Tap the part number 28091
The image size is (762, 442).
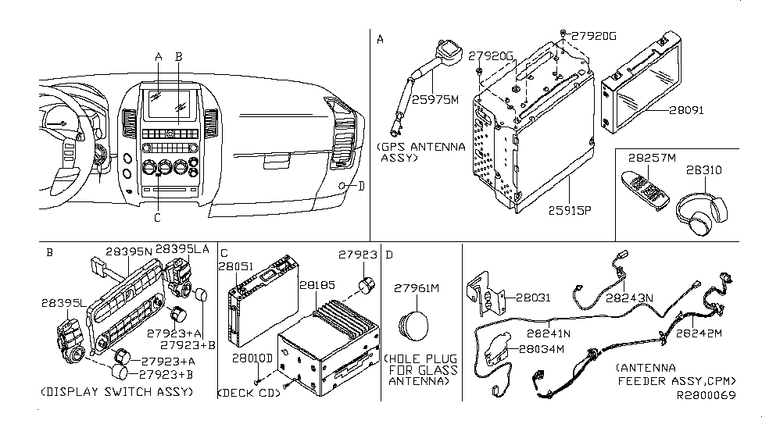click(x=686, y=110)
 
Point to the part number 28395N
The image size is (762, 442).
click(x=128, y=253)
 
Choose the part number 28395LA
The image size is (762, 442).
click(x=182, y=248)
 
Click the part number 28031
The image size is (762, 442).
click(x=523, y=297)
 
